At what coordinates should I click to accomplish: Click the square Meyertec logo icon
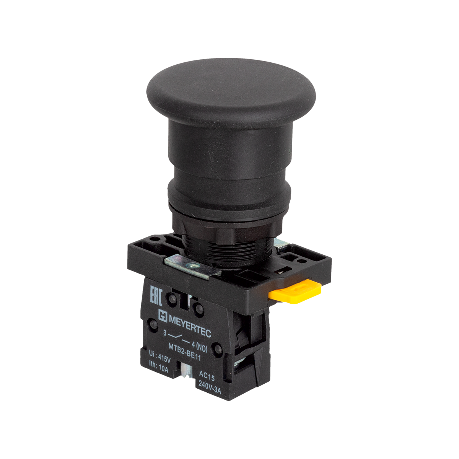[163, 315]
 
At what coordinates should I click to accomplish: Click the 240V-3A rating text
[210, 384]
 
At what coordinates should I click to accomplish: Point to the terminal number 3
[165, 333]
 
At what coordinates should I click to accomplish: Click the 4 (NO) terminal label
[199, 345]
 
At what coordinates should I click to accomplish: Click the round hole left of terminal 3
[155, 326]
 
